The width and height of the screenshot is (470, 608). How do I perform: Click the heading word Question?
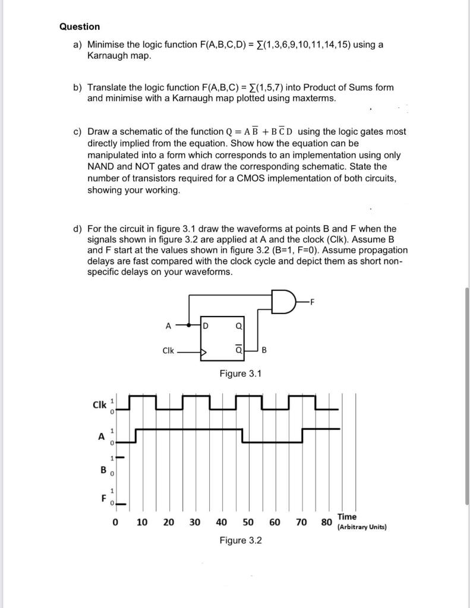80,27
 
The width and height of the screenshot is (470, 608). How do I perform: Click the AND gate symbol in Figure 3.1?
282,300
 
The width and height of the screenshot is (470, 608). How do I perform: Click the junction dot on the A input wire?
190,325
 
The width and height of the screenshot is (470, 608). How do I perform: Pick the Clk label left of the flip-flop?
168,350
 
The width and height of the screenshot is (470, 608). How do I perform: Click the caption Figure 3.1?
241,373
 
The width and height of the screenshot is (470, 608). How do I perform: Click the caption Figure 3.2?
241,540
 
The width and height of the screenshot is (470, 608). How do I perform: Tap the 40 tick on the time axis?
221,522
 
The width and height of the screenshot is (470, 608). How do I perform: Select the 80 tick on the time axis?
326,522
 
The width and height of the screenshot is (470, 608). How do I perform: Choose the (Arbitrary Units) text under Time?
362,527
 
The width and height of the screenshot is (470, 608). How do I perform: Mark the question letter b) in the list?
78,87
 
